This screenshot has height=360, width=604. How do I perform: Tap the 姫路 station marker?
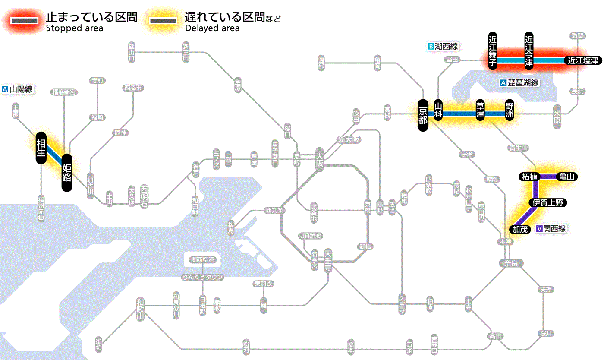click(67, 173)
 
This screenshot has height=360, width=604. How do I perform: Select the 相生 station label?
click(41, 148)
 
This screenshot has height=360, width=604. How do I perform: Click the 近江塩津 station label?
click(583, 60)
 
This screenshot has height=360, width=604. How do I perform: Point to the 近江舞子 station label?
click(493, 51)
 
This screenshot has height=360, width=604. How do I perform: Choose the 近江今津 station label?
click(529, 51)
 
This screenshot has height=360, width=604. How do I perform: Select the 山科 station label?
click(438, 111)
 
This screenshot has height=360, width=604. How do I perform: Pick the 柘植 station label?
click(529, 177)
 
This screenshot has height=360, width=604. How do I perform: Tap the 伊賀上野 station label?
click(548, 203)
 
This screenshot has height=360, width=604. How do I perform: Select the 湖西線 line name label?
click(443, 46)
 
